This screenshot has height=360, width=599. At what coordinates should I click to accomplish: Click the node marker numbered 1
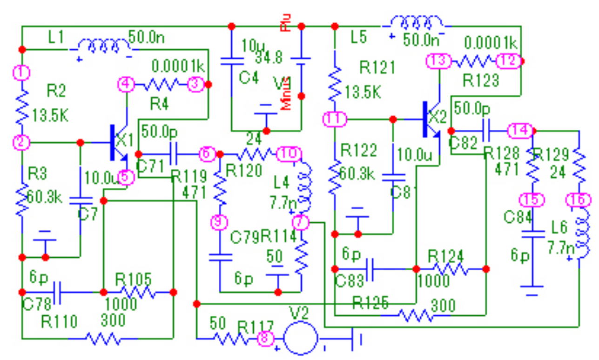(x=22, y=73)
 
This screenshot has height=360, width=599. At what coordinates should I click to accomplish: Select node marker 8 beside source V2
(x=265, y=338)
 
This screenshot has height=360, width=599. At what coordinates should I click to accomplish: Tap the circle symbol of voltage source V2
(x=301, y=338)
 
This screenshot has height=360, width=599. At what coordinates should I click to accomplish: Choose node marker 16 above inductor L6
(x=578, y=200)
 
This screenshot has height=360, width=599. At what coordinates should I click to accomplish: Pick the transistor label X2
(x=437, y=116)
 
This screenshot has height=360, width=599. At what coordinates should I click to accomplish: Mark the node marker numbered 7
(x=301, y=223)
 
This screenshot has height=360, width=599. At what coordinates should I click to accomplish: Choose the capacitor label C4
(x=249, y=77)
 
